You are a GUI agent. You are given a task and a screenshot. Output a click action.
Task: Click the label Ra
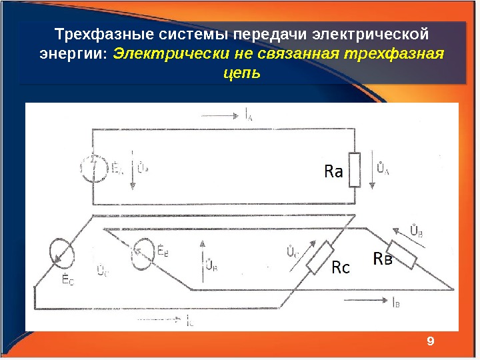[x=333, y=172]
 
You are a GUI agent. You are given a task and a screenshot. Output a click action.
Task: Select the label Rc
[x=341, y=269]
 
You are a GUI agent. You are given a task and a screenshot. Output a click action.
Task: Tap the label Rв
[x=383, y=258]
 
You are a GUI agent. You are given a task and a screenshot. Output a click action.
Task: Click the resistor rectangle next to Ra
[x=355, y=169]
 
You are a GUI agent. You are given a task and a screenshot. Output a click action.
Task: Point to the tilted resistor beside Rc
[x=321, y=257]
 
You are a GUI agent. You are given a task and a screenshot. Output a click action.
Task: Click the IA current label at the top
[x=249, y=115]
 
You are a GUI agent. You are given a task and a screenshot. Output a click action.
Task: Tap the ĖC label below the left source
[x=67, y=280]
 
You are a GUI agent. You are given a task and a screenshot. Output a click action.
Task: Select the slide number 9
[x=430, y=341]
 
